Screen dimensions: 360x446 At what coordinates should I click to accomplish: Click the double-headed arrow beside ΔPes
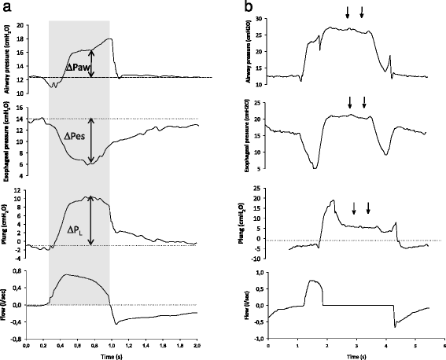91,141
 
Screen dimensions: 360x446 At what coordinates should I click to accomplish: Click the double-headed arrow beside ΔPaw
91,64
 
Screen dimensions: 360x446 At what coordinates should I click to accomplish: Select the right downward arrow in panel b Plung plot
369,208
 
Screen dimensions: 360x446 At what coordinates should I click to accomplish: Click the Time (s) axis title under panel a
109,354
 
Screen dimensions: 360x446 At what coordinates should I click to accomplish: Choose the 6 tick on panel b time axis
444,344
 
